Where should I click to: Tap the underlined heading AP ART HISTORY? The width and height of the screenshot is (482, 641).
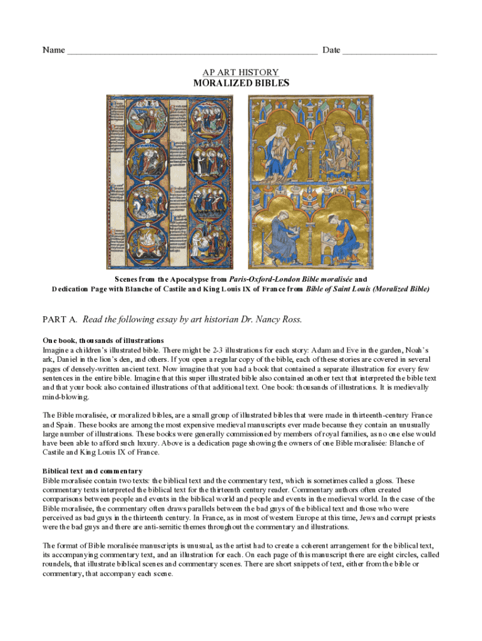pos(241,73)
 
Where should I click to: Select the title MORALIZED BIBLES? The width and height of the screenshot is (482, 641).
pos(241,83)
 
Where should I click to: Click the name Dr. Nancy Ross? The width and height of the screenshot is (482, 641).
pos(272,320)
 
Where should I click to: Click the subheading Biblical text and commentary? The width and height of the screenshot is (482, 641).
pos(93,471)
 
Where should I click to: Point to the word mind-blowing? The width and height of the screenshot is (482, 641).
pos(66,397)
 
